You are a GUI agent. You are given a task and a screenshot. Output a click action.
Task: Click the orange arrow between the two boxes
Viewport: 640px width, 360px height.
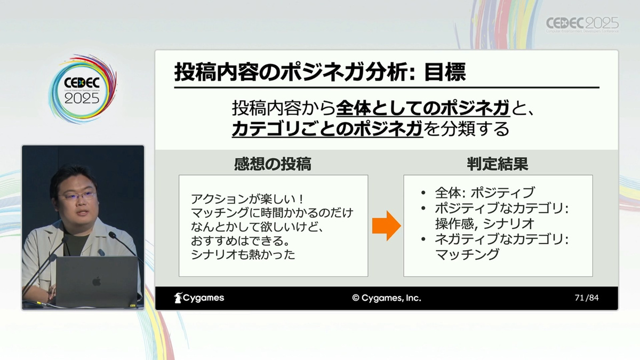click(x=386, y=226)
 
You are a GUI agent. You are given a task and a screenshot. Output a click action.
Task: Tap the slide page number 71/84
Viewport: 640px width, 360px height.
click(x=587, y=298)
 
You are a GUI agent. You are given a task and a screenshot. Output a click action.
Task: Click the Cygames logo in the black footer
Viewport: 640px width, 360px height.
click(x=199, y=298)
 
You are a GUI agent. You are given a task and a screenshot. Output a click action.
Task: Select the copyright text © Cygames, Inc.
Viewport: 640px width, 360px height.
click(x=387, y=298)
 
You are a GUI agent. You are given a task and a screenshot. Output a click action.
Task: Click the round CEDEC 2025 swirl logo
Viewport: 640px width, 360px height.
click(x=82, y=89)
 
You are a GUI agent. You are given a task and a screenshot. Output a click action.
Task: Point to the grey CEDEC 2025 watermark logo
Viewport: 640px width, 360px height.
click(x=582, y=25)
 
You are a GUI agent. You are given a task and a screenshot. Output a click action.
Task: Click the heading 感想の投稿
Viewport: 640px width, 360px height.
click(x=273, y=164)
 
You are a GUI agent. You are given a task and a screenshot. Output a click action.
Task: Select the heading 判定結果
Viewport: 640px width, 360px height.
click(x=498, y=164)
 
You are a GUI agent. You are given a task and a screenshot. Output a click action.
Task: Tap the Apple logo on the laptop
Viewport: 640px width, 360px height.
click(x=97, y=282)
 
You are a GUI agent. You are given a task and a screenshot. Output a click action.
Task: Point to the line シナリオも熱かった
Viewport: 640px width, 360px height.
click(x=243, y=254)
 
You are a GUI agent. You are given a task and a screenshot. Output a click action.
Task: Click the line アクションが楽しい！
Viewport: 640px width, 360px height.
click(x=247, y=198)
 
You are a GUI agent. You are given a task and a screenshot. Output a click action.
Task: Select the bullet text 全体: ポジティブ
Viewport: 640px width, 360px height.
click(x=485, y=193)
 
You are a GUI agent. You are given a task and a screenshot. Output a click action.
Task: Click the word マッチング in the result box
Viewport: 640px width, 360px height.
click(x=467, y=254)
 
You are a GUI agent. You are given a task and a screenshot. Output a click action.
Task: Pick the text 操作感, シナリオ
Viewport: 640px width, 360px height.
click(x=485, y=223)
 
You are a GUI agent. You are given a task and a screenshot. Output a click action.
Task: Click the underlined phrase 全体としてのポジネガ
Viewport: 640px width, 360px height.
click(x=423, y=108)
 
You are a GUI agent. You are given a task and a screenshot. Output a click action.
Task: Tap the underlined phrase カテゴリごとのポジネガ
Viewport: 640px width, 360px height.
click(x=327, y=129)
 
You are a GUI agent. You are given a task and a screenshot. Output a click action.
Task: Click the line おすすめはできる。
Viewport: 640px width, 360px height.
click(x=241, y=241)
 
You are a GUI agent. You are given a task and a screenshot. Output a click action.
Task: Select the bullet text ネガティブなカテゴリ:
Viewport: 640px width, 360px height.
click(x=502, y=239)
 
